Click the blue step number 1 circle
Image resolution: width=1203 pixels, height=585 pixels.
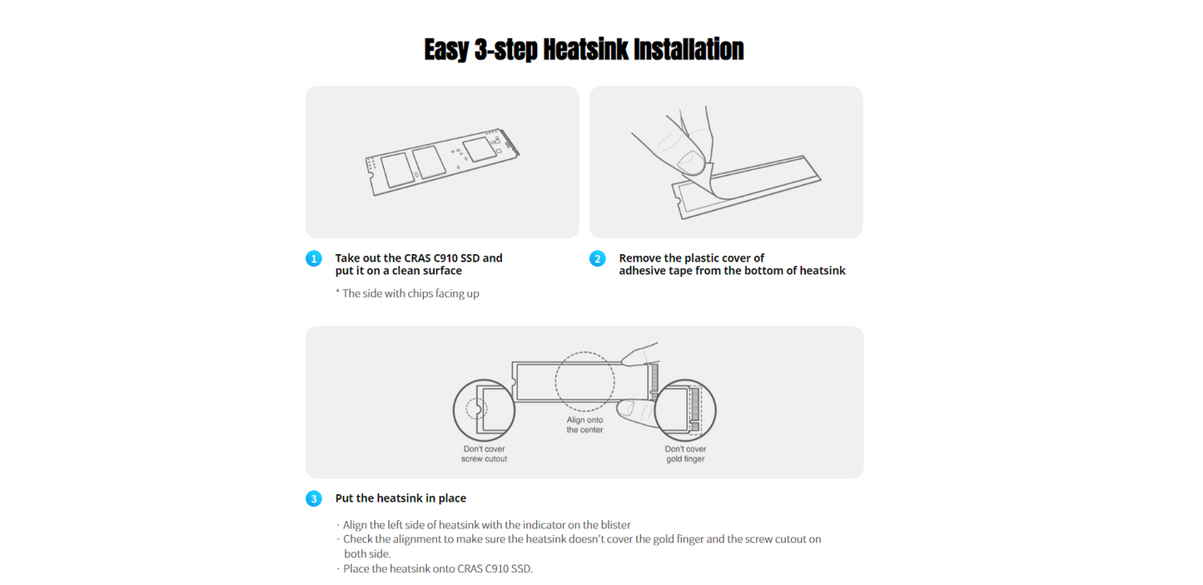(x=314, y=258)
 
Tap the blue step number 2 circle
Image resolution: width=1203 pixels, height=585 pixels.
(x=597, y=258)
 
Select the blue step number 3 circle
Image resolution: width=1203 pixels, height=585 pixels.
(x=314, y=498)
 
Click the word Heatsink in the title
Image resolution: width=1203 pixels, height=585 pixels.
(x=585, y=49)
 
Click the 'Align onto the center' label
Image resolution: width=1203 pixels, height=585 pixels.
(x=585, y=425)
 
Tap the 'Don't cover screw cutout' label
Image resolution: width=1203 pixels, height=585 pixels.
(x=484, y=454)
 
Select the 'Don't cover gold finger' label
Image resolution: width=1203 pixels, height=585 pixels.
(x=685, y=454)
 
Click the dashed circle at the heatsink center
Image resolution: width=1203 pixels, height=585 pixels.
(x=585, y=352)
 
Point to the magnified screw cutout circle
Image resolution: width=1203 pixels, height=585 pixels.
(x=454, y=411)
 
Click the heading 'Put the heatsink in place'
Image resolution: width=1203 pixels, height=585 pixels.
(x=400, y=498)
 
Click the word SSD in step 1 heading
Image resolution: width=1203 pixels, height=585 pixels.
(x=469, y=258)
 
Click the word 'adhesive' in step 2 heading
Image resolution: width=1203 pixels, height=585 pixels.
(x=642, y=271)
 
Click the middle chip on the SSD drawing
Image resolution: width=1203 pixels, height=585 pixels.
(x=429, y=162)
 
